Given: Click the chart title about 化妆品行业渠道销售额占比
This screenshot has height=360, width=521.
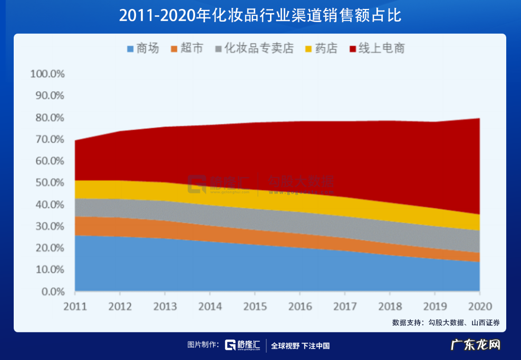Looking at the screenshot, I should point(260,16).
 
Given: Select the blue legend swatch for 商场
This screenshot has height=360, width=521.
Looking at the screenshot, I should point(130,49).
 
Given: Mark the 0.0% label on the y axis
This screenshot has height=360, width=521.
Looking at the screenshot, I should point(52,291).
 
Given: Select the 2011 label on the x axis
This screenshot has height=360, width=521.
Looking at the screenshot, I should point(75,306).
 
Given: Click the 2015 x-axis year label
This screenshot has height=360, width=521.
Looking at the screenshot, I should point(255,306).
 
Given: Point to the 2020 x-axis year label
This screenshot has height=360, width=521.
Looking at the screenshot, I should point(479,306).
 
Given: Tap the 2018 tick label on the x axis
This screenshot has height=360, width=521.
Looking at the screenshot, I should point(390,306).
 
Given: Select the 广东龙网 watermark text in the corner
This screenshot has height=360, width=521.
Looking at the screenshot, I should point(477,345).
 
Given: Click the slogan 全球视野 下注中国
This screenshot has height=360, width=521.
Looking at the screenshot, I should point(300,346).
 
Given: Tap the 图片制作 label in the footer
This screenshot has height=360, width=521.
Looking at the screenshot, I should point(203,345).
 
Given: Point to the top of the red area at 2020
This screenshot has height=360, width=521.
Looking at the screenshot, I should point(479,118).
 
